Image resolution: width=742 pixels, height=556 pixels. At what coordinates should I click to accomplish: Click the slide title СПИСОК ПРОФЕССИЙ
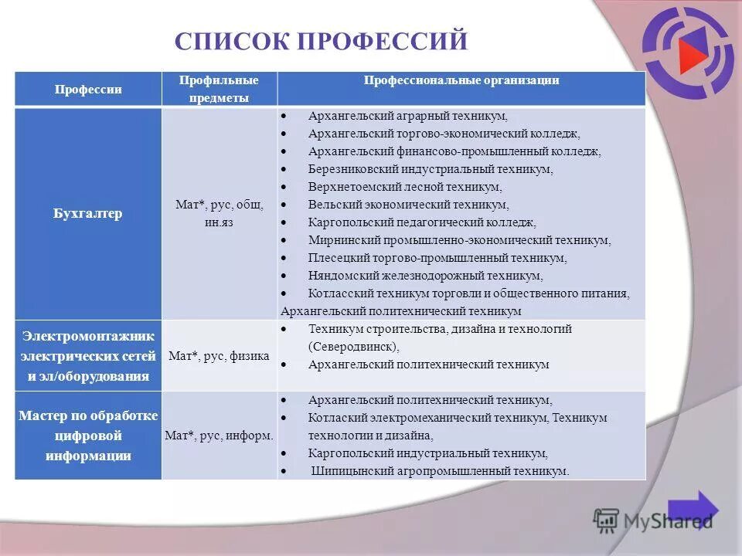[321, 40]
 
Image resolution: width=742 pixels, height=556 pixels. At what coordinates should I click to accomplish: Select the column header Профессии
[88, 90]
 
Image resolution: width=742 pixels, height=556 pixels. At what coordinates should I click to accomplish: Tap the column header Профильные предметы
[219, 89]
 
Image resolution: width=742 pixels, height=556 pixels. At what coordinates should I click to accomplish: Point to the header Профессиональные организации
[461, 80]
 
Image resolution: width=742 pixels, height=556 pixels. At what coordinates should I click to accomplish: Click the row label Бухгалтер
[88, 214]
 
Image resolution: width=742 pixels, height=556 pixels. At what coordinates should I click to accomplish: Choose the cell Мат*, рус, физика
[219, 356]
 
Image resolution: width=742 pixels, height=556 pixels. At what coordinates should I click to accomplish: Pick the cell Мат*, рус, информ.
[219, 436]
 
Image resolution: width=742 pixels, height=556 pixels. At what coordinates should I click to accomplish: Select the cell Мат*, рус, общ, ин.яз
[219, 213]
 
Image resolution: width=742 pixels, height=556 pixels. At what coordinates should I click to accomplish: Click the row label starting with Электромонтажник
[88, 356]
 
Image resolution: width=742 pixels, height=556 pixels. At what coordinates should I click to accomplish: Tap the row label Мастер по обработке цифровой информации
[88, 436]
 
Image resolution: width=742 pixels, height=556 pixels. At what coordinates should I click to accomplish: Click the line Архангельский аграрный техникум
[407, 116]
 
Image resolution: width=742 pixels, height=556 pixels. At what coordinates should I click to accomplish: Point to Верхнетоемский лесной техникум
[404, 187]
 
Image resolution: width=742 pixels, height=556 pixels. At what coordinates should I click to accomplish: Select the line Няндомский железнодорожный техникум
[425, 276]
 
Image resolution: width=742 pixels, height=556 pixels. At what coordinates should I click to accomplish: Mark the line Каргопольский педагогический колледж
[421, 222]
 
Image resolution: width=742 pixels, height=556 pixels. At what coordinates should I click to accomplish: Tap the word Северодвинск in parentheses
[352, 347]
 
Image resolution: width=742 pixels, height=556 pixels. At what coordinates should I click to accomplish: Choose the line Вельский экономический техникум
[408, 205]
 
